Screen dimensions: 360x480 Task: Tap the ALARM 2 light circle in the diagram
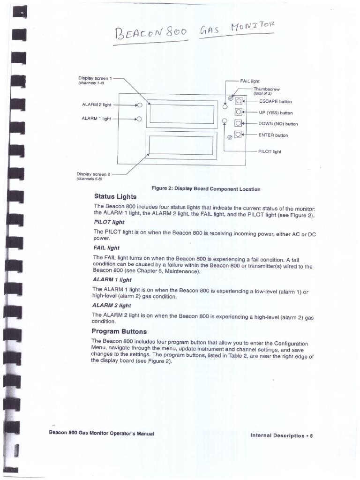[x=139, y=105]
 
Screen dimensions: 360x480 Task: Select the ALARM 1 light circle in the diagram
[x=139, y=119]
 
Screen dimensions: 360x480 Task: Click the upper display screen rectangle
[x=182, y=113]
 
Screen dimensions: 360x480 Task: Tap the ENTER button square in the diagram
[x=239, y=135]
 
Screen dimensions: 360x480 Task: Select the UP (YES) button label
[x=276, y=113]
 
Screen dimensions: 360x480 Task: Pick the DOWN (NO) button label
[x=278, y=124]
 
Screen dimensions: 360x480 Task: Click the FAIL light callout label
[x=250, y=81]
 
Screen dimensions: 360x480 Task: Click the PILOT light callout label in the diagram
[x=270, y=152]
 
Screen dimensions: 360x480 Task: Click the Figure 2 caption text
[x=206, y=189]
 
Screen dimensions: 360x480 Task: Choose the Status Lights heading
[x=115, y=196]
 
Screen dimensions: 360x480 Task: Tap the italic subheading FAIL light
[x=106, y=247]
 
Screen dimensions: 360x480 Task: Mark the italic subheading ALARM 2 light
[x=112, y=305]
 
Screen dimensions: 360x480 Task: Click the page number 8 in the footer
[x=311, y=435]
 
